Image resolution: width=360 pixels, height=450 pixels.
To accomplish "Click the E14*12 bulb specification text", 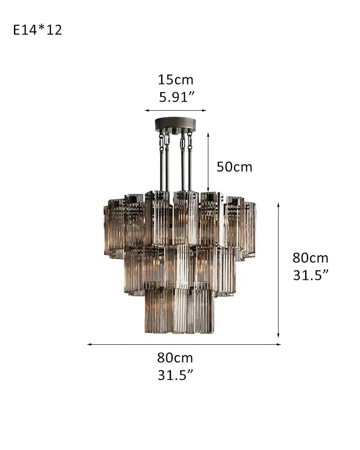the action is [38, 30].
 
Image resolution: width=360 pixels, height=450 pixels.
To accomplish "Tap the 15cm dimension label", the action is [175, 80].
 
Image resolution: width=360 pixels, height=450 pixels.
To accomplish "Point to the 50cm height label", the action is [234, 167].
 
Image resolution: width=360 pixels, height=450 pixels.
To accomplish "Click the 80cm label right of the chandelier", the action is [310, 258].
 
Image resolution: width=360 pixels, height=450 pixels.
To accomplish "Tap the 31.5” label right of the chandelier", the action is [310, 275].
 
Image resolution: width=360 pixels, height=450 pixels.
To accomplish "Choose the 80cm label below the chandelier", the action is [175, 358].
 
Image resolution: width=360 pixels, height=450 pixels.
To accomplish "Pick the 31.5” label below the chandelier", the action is [175, 375].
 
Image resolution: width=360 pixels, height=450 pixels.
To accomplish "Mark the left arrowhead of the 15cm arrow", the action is [146, 110].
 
